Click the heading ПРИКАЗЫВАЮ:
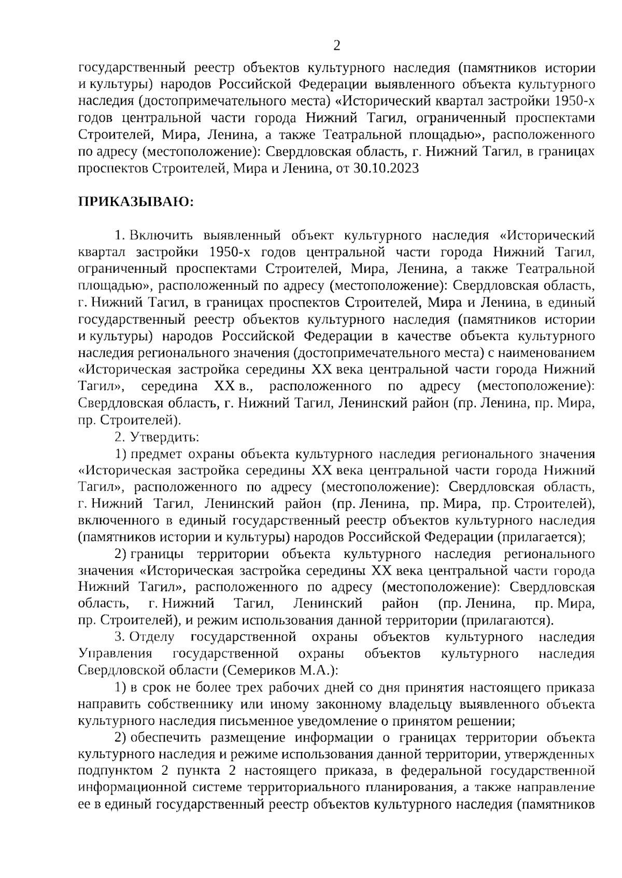(x=136, y=202)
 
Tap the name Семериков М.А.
(x=279, y=670)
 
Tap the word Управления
(x=115, y=653)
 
